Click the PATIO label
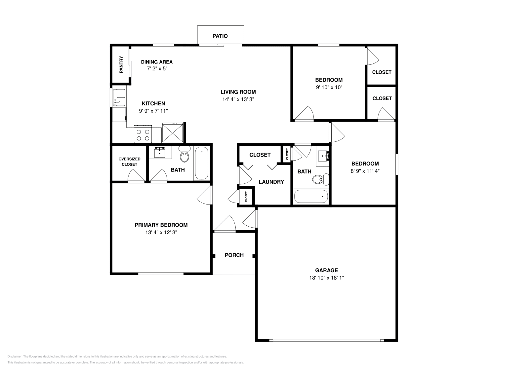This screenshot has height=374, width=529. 220,36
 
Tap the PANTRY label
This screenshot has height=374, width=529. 121,64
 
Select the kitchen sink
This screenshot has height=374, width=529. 119,97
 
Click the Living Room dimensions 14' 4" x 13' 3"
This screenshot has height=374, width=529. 238,99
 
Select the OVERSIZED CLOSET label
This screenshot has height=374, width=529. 129,162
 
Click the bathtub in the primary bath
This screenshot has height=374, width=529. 201,164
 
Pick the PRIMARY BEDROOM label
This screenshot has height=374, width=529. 161,225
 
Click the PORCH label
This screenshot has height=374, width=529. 234,255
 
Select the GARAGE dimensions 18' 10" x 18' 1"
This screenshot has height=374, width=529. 326,278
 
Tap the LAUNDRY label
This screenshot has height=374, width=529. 271,182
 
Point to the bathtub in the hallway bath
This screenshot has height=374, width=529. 311,196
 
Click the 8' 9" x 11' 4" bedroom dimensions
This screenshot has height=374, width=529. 365,171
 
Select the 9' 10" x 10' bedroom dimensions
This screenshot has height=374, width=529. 329,88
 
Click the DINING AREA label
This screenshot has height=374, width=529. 157,62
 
